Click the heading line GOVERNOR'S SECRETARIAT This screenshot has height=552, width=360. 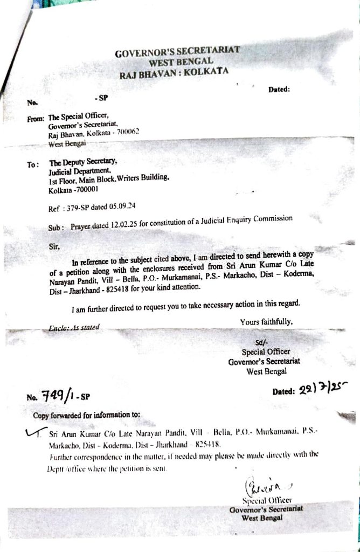point(177,52)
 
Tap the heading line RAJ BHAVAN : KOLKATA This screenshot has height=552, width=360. point(174,73)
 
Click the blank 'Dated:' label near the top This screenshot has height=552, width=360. point(279,89)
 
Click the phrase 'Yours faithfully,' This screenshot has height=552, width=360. point(266,322)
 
